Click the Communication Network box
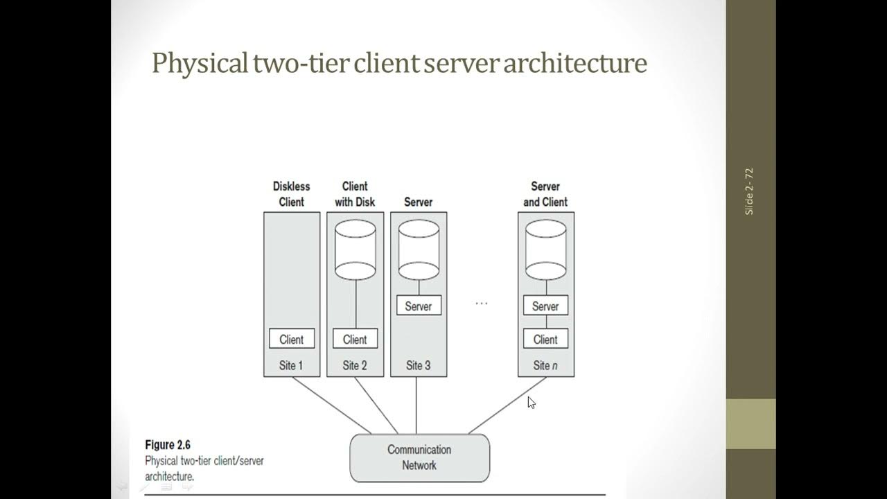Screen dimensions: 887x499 (420, 458)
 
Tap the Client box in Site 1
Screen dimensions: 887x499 (292, 339)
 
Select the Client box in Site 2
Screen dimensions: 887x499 (355, 339)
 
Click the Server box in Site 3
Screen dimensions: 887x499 (419, 306)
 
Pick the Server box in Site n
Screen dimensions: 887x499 (545, 306)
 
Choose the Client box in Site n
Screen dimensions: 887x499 (545, 339)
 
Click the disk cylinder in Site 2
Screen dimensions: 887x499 (355, 250)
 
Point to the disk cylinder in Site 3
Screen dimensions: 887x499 (419, 250)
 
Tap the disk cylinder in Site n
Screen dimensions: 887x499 (545, 250)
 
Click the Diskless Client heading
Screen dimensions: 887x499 (292, 194)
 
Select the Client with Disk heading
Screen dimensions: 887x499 (355, 194)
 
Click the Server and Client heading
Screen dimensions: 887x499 (545, 194)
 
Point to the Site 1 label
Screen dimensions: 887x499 (291, 365)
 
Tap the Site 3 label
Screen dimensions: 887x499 (418, 365)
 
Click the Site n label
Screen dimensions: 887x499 (545, 365)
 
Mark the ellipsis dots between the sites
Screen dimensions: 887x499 (482, 304)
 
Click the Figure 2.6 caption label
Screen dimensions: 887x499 (168, 445)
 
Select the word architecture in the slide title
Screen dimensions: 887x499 (575, 63)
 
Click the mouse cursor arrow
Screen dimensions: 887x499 (532, 403)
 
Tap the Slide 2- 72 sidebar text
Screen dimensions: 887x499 (749, 192)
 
